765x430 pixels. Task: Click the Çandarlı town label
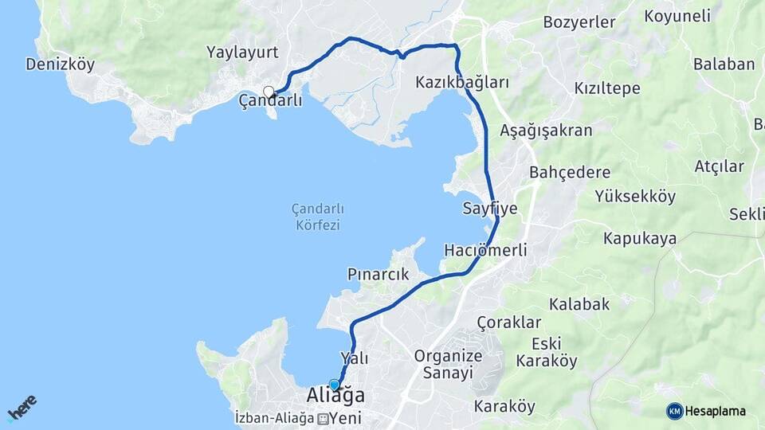pos(271,101)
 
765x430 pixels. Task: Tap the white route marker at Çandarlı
pos(269,92)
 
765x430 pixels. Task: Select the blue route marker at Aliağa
pos(334,385)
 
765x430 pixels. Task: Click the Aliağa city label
pos(335,396)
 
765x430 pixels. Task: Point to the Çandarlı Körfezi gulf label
pos(318,217)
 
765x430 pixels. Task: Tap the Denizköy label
pos(60,64)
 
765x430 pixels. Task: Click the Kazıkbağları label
pos(462,83)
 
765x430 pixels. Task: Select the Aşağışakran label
pos(546,131)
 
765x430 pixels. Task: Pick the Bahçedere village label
pos(570,173)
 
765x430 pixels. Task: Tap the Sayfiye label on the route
pos(490,209)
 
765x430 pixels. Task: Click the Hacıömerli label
pos(485,250)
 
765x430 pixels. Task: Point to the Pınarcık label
pos(378,274)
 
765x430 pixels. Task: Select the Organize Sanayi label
pos(448,364)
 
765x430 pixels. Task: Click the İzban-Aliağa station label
pos(275,418)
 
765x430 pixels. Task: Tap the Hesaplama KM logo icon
pos(674,411)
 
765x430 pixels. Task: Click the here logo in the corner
pos(22,407)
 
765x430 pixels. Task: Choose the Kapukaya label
pos(639,238)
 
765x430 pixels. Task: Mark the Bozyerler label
pos(579,22)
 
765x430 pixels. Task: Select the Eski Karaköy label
pos(546,352)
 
